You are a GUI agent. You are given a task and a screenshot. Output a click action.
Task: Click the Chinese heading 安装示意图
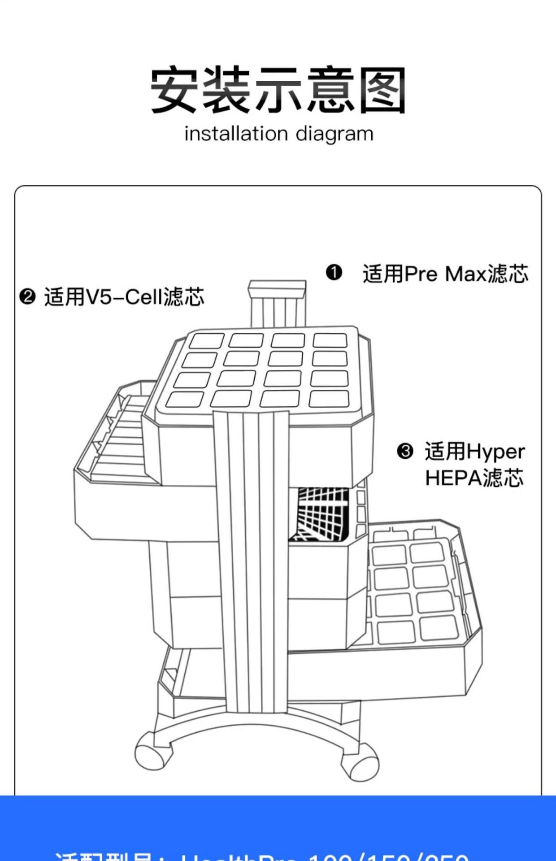point(278,90)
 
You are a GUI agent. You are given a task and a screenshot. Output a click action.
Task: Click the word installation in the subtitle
point(236,134)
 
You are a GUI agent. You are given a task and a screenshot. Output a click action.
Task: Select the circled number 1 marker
point(334,273)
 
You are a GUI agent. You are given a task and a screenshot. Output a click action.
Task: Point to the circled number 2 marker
point(27,296)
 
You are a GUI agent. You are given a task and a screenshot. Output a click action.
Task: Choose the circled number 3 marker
point(405,451)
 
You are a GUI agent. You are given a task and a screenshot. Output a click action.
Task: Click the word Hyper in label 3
point(495,452)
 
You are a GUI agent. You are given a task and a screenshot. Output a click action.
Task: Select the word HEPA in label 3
point(453,478)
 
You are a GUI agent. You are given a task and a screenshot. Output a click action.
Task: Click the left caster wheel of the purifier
point(153,751)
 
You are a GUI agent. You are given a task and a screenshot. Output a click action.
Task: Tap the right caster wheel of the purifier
point(360,761)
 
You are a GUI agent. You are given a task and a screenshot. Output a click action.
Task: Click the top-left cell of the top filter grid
point(206,341)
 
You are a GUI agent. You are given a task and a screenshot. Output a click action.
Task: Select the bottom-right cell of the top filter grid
point(329,398)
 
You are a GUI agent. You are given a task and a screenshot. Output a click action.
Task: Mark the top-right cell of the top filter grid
point(330,340)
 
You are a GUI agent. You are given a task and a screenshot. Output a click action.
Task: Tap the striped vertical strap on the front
point(251,561)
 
